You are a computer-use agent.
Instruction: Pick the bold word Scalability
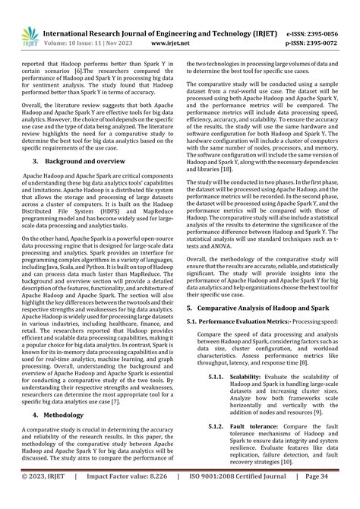tap(251, 376)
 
